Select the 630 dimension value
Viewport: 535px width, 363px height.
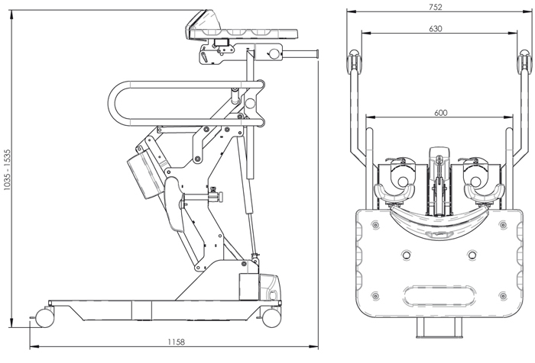coord(436,28)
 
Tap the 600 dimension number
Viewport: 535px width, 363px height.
coord(440,112)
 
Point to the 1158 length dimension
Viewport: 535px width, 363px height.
coord(177,342)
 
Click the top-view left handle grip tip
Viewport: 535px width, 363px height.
coord(354,60)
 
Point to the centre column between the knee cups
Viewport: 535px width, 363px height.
coord(438,175)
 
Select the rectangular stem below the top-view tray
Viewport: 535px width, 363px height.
coord(439,329)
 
